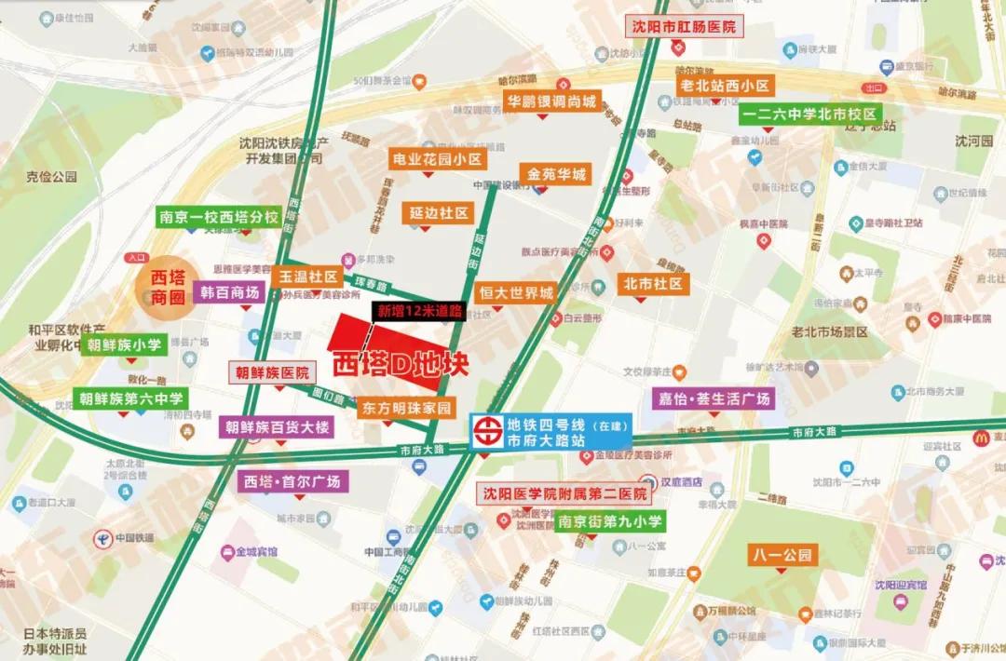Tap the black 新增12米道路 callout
point(419,312)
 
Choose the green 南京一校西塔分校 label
point(219,218)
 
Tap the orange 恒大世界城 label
point(516,293)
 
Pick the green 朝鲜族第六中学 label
point(132,398)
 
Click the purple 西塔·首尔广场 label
point(292,482)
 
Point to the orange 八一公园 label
point(782,556)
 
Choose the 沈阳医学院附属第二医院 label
point(564,494)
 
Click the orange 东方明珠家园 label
point(406,408)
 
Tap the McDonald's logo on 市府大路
point(980,438)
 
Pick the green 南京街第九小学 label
point(610,522)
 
